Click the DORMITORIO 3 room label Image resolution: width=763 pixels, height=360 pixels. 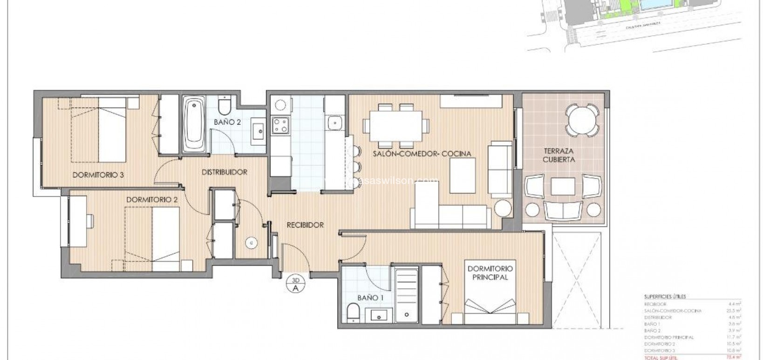(98, 176)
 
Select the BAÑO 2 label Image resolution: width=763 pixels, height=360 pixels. (227, 122)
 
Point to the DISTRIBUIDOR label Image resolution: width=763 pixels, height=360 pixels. (224, 172)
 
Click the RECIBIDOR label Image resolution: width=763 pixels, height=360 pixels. (305, 225)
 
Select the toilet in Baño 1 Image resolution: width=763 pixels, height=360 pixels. (354, 312)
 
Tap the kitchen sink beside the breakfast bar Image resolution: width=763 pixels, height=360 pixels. (334, 123)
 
